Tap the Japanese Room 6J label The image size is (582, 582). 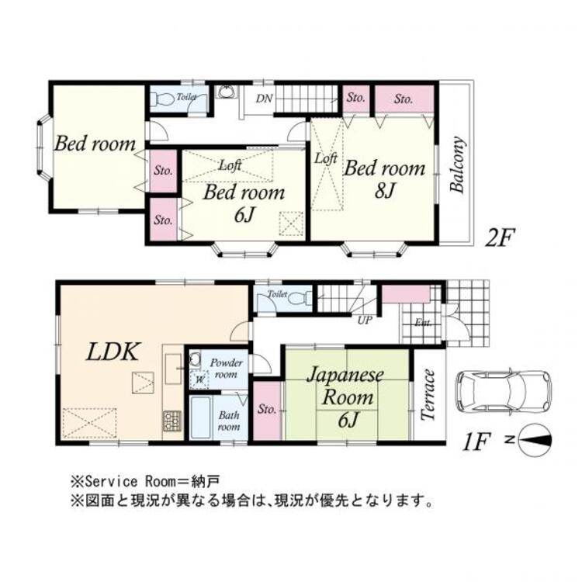(x=345, y=397)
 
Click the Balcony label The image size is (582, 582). (x=458, y=165)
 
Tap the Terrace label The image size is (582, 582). (x=428, y=395)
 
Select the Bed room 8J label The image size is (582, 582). (x=385, y=178)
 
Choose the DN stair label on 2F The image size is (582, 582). (x=264, y=98)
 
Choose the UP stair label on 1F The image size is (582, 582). (x=363, y=319)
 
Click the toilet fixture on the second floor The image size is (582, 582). (x=162, y=100)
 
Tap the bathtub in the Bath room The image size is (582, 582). (x=203, y=419)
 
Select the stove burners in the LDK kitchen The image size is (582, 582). (x=171, y=421)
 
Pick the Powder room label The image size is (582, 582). (x=228, y=368)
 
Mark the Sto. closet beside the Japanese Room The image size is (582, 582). (x=266, y=410)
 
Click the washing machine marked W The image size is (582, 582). (x=199, y=379)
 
